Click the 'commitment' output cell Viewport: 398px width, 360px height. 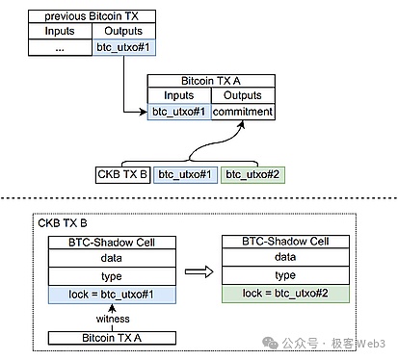[243, 112]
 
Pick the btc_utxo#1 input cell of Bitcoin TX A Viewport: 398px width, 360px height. [178, 112]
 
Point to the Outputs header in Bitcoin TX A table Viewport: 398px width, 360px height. [243, 96]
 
